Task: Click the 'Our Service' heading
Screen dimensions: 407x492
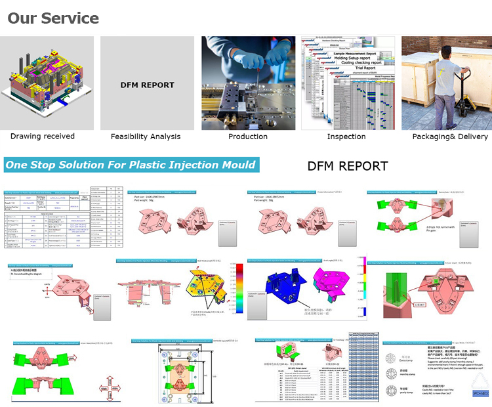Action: coord(53,18)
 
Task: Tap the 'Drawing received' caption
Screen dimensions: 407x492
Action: coord(43,137)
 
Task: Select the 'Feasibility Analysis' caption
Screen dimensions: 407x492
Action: coord(146,137)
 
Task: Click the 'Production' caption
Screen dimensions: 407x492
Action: coord(248,137)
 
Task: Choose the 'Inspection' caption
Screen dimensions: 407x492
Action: coord(346,137)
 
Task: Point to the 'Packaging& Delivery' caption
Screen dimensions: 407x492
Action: coord(450,137)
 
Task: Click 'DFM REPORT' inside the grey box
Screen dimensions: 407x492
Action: coord(148,85)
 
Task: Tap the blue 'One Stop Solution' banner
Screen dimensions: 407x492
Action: coord(131,164)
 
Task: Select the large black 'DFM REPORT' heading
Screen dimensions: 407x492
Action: coord(348,166)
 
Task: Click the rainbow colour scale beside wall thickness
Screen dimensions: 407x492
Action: coord(234,289)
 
